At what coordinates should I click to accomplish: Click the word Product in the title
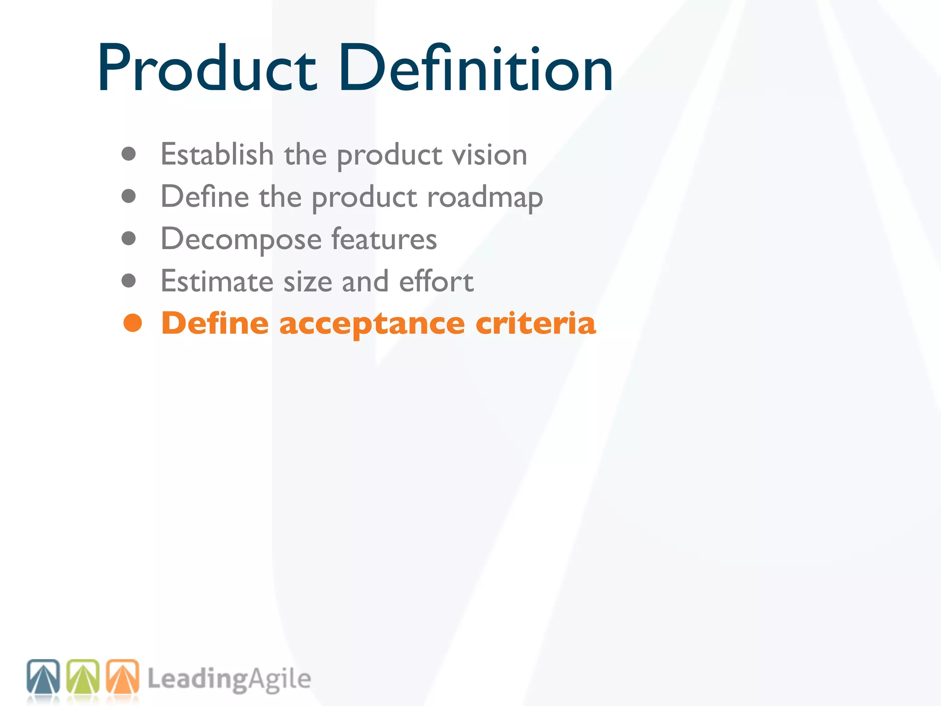[207, 69]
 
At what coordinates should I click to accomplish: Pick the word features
[384, 239]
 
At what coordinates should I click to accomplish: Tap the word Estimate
[217, 281]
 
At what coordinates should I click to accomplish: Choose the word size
[307, 281]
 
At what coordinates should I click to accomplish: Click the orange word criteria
[535, 323]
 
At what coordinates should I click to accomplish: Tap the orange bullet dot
[133, 323]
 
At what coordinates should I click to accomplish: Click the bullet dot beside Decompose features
[129, 239]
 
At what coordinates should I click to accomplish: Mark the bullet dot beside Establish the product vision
[129, 154]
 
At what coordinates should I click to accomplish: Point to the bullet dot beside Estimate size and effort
[129, 280]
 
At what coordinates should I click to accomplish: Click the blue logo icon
[43, 677]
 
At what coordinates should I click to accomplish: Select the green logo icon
[83, 677]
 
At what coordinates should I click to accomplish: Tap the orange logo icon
[123, 677]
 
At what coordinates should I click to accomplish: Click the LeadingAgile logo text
[229, 679]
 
